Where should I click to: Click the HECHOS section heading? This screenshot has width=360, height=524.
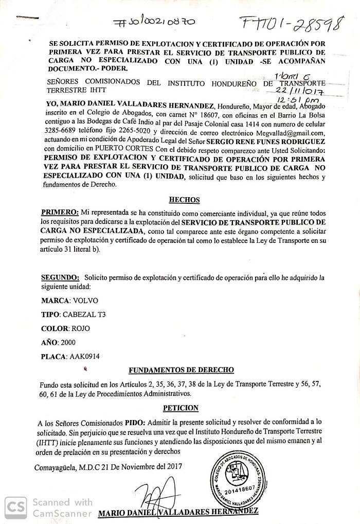184,200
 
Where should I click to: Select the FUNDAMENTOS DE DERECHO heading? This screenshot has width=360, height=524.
181,370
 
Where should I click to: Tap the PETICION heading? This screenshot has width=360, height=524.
181,408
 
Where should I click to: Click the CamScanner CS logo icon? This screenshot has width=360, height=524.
16,508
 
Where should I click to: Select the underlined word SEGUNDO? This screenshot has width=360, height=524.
60,277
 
